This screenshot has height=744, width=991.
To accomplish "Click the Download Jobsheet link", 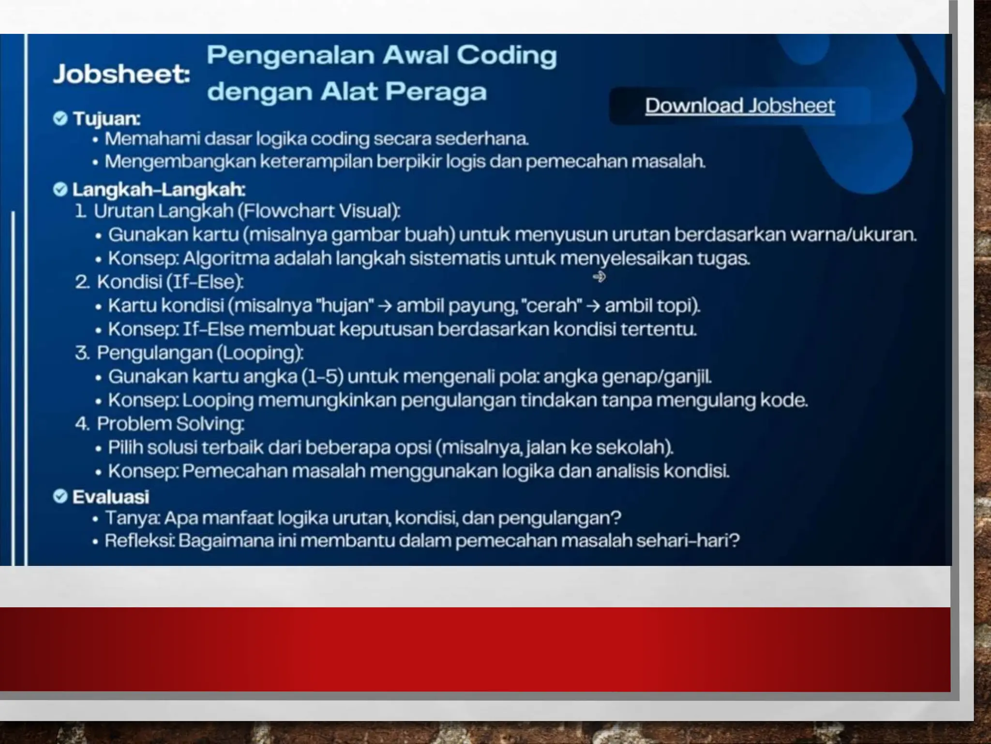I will coord(739,106).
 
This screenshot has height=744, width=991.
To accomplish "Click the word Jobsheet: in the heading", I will coord(121,74).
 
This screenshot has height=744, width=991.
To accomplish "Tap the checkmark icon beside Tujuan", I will coord(60,118).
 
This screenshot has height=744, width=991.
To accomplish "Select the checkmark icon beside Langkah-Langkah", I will coord(60,189).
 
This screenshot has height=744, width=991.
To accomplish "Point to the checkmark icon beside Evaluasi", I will coord(60,496).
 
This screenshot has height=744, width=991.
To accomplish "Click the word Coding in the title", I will coord(507,56).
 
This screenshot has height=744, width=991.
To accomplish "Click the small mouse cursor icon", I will coord(599,277).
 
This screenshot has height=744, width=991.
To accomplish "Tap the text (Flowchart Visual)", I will coord(319,211).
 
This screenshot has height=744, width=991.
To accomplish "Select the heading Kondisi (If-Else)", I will coord(170,282).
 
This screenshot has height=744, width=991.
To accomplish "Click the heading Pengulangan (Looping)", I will coord(200,353).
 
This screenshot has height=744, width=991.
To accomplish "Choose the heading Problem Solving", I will coord(170,424).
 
